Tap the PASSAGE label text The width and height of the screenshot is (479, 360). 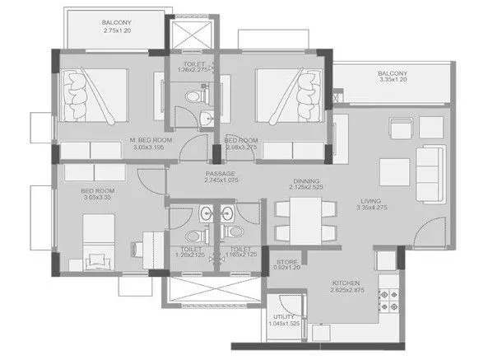click(x=221, y=173)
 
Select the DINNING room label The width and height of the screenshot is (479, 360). click(x=305, y=180)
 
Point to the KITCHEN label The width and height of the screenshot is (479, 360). click(x=346, y=282)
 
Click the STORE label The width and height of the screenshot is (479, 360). click(x=287, y=263)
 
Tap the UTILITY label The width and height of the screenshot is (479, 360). click(x=284, y=316)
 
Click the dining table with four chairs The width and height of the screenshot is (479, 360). click(x=305, y=219)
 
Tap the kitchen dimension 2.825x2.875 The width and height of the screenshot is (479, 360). click(x=346, y=290)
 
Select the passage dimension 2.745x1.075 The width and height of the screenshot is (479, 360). click(x=221, y=181)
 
